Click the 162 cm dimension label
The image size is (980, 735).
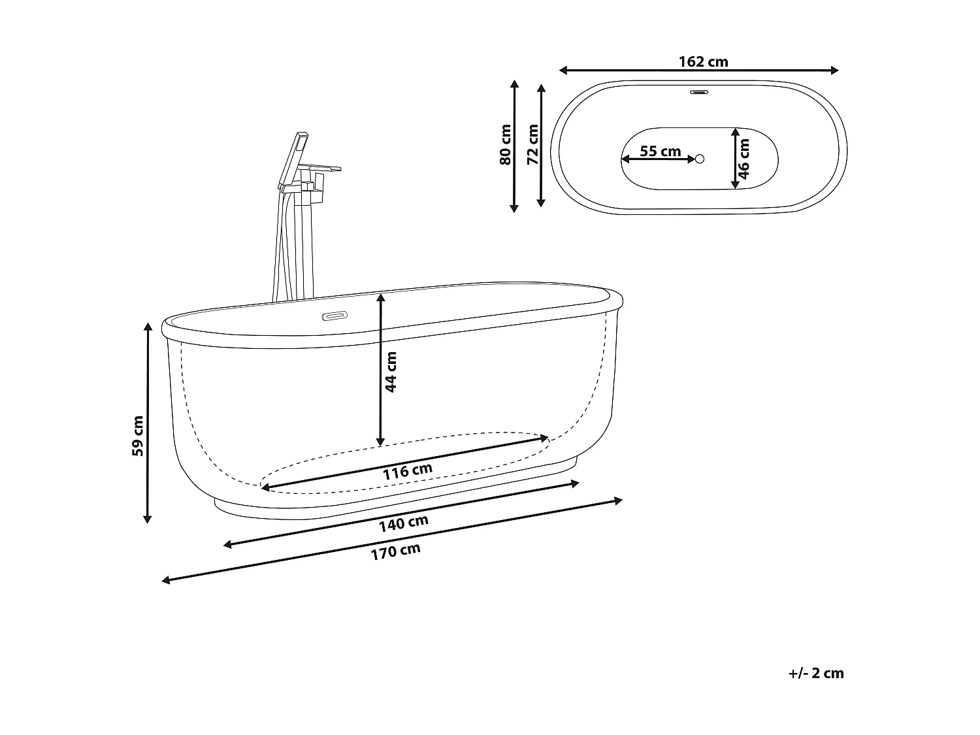(703, 62)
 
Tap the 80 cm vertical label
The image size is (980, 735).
(505, 144)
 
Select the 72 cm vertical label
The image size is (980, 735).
(532, 144)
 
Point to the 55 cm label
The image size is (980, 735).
(660, 152)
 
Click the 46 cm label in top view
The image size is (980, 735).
(744, 159)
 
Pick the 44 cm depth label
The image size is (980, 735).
(391, 372)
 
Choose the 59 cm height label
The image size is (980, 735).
(137, 436)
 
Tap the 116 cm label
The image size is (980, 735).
(407, 471)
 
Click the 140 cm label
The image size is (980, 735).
(404, 523)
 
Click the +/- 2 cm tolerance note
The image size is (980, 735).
(816, 674)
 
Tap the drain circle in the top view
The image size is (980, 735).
(700, 159)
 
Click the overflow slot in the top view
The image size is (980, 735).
(700, 91)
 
